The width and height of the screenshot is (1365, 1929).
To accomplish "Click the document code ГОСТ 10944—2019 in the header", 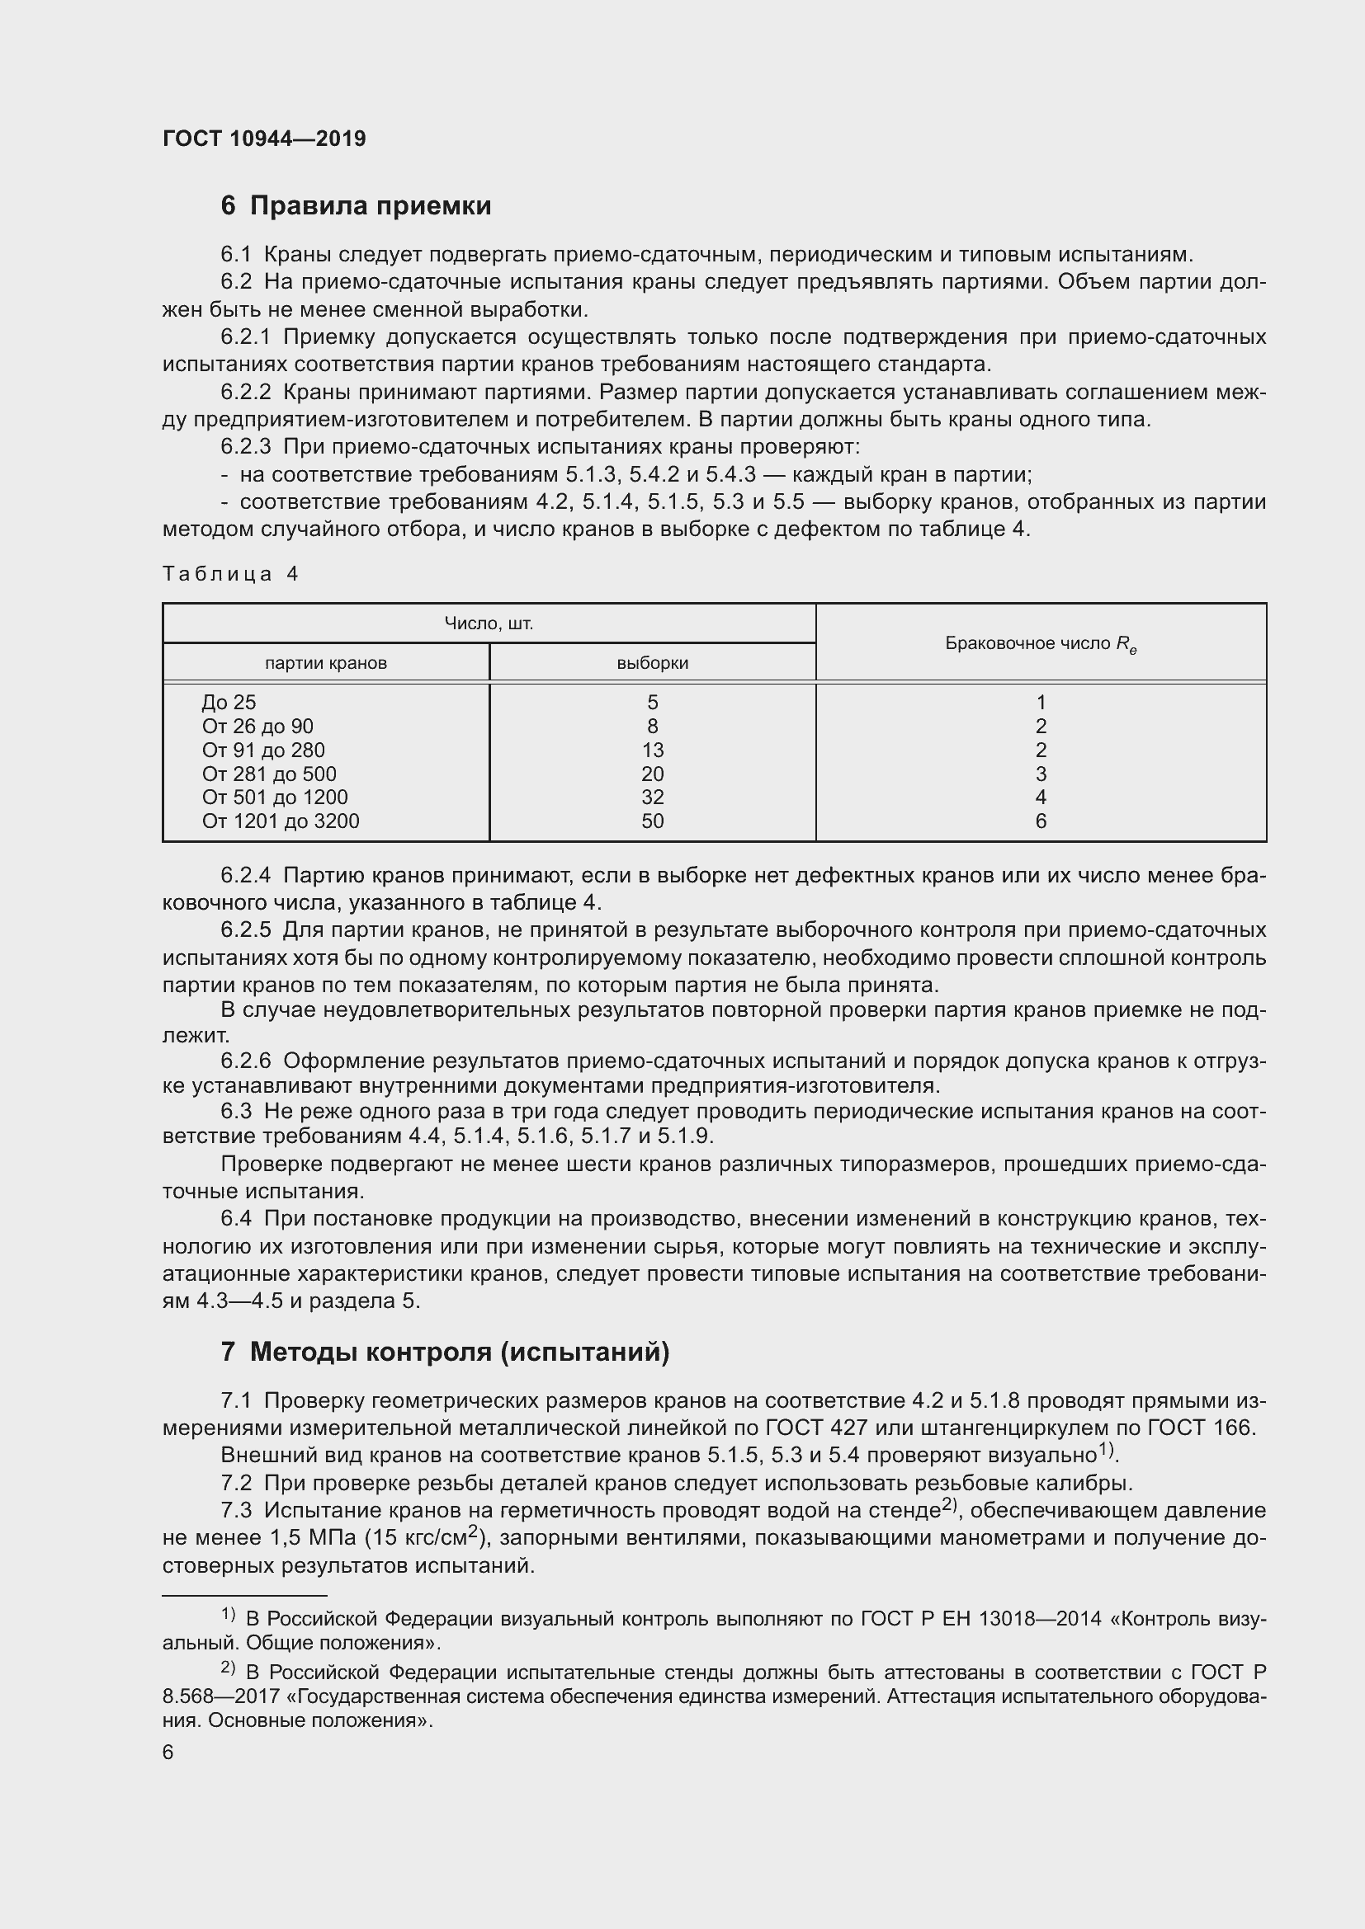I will (x=264, y=139).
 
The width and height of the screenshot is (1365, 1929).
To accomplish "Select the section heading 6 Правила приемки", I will (x=356, y=206).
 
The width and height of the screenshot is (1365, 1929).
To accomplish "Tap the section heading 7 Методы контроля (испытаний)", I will (x=445, y=1352).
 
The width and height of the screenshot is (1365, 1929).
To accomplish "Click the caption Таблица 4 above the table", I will (x=230, y=574).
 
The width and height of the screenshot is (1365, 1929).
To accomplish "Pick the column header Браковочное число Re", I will (x=1041, y=643).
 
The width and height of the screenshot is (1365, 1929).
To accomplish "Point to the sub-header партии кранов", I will (x=325, y=663).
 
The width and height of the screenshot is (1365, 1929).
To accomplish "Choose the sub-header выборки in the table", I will (x=652, y=663).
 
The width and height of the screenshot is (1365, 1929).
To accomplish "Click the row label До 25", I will (x=229, y=703).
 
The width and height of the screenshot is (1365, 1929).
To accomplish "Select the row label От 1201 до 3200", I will (x=280, y=821).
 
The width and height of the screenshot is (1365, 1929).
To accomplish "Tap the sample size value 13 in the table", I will (x=652, y=750).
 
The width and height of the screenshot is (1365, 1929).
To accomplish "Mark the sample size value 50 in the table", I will (x=652, y=821).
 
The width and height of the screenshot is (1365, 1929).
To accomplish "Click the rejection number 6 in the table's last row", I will (x=1041, y=821).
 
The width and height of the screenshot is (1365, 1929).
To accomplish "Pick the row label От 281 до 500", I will (x=269, y=774).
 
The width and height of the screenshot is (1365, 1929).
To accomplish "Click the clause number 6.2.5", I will (x=245, y=930).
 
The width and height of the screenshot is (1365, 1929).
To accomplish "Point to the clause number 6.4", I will (x=236, y=1218).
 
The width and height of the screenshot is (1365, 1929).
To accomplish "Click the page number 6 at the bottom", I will (x=168, y=1752).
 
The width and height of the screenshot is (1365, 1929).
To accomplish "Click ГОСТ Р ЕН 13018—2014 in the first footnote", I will (x=981, y=1618).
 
